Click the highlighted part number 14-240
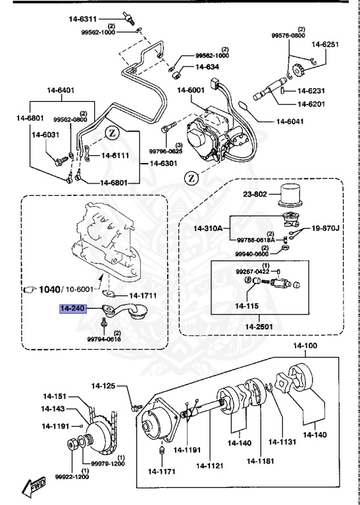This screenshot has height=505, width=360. (x=74, y=307)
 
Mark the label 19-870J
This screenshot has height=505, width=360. (x=325, y=228)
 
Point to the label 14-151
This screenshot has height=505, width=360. (x=56, y=396)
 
